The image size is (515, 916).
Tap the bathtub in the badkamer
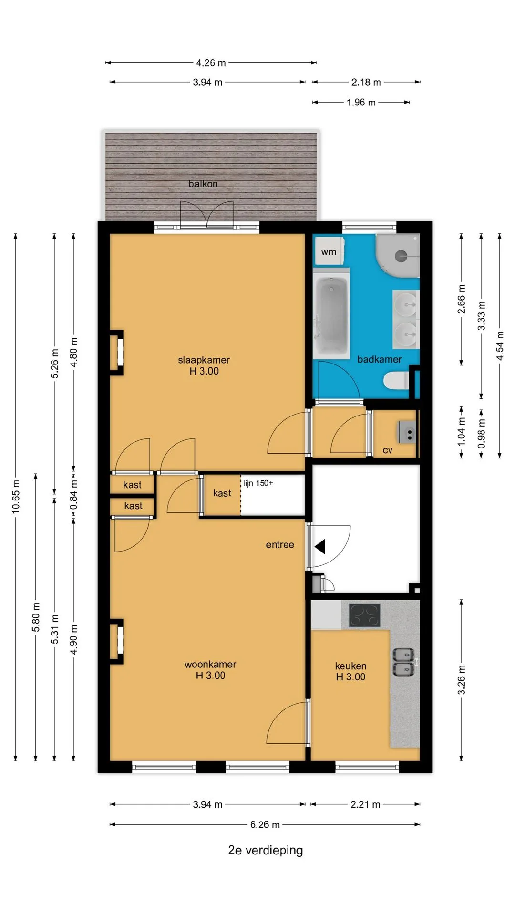click(331, 312)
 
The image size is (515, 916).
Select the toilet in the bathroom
click(396, 381)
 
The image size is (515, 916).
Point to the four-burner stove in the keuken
click(364, 615)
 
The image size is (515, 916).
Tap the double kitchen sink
click(403, 662)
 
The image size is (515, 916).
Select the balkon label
click(203, 184)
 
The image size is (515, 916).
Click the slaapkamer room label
click(204, 360)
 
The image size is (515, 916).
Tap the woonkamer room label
click(210, 664)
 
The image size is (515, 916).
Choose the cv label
click(388, 450)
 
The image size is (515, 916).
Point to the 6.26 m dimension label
click(265, 824)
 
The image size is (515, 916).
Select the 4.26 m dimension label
click(211, 63)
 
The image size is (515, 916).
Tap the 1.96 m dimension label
click(361, 103)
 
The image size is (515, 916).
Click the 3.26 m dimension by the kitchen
click(462, 680)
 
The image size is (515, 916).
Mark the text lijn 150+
click(258, 483)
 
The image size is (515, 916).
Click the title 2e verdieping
click(266, 850)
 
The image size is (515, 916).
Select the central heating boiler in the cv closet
click(407, 433)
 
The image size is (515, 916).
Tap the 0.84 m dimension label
click(73, 495)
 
